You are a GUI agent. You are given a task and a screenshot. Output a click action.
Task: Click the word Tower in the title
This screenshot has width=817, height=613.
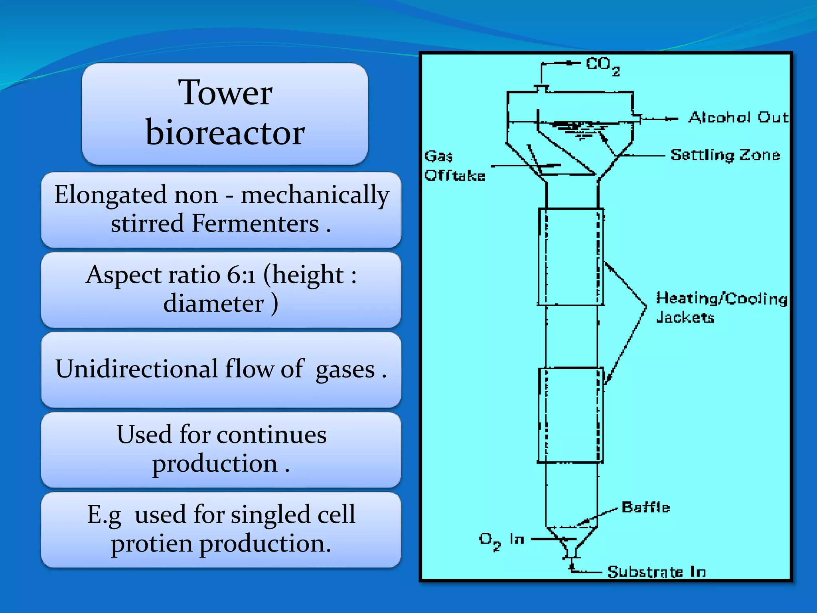pyautogui.click(x=225, y=93)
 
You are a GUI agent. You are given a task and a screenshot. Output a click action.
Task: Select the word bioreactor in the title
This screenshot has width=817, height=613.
pyautogui.click(x=225, y=132)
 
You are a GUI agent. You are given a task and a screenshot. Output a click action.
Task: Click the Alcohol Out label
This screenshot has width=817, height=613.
pyautogui.click(x=738, y=117)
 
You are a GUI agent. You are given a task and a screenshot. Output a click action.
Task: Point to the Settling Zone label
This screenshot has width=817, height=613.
pyautogui.click(x=725, y=155)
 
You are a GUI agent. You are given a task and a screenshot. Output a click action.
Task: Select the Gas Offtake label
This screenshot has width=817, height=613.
pyautogui.click(x=454, y=166)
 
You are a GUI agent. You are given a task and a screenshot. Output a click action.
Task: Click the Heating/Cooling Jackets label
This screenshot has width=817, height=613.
pyautogui.click(x=721, y=307)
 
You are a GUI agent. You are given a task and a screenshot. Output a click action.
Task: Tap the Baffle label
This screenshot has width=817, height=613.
pyautogui.click(x=645, y=507)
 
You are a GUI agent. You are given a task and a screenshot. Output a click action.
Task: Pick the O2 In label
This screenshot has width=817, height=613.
pyautogui.click(x=501, y=540)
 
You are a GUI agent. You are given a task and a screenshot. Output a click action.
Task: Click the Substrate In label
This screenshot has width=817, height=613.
pyautogui.click(x=656, y=572)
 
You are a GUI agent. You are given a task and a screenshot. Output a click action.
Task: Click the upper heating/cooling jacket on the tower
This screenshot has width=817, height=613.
pyautogui.click(x=570, y=257)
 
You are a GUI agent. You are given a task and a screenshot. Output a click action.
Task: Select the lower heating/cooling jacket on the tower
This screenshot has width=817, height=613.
pyautogui.click(x=570, y=415)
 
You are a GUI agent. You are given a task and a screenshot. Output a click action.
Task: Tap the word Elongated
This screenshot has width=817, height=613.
pyautogui.click(x=111, y=195)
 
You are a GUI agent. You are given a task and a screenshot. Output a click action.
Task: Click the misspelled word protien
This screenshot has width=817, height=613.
pyautogui.click(x=152, y=544)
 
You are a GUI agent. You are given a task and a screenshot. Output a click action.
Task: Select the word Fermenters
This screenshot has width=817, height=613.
pyautogui.click(x=255, y=223)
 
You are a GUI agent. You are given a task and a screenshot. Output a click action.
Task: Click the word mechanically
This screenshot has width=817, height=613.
pyautogui.click(x=315, y=195)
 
